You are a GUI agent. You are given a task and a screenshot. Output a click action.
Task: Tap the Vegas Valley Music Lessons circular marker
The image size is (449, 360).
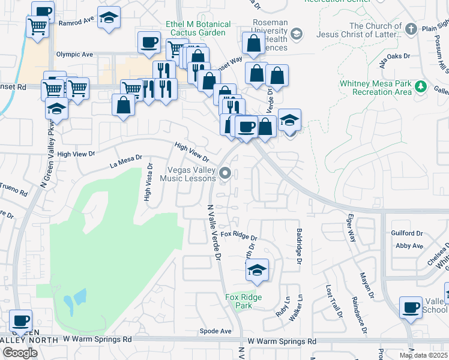coord(226,173)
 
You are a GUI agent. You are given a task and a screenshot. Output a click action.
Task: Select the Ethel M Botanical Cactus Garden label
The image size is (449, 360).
coord(198,28)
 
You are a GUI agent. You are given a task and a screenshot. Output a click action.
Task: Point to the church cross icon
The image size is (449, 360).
coord(411,29)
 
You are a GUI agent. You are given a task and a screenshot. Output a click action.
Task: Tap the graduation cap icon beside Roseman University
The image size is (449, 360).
coord(297,34)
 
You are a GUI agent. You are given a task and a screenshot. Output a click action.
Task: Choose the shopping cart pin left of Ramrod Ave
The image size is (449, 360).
coord(37,26)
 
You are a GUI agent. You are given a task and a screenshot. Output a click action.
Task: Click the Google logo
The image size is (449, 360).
coord(20,352)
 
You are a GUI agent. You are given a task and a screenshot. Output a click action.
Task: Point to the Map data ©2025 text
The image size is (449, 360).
coord(423,355)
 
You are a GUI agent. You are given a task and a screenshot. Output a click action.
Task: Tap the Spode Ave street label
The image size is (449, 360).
coord(216,331)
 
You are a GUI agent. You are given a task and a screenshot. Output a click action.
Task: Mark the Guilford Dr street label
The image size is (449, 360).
coord(407,233)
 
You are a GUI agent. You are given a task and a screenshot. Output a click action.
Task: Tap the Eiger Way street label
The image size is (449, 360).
coord(351,229)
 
